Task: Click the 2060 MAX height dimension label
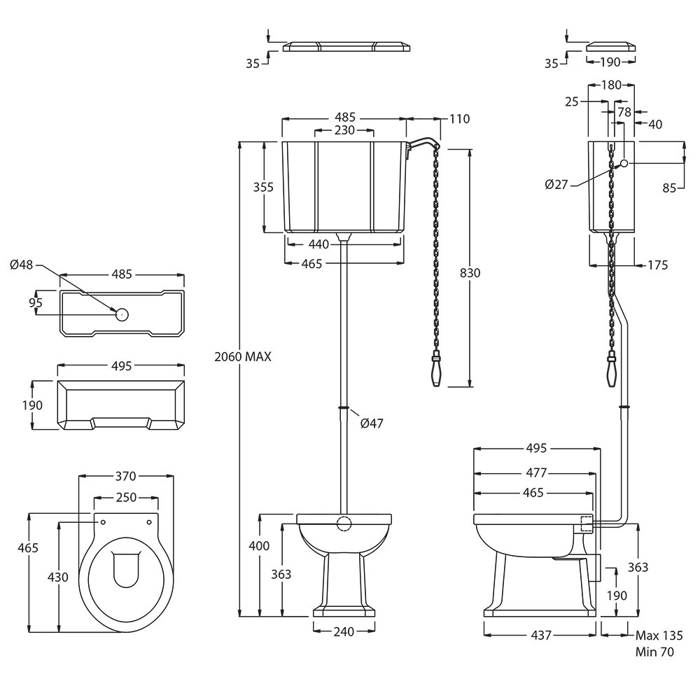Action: [242, 356]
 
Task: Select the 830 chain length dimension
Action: [470, 273]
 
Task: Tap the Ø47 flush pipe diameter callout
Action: [372, 422]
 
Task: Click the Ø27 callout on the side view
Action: [556, 184]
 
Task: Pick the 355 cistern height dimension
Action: [263, 187]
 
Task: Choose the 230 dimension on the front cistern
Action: [344, 130]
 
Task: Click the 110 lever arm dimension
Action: [460, 119]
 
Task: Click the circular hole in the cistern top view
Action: [121, 314]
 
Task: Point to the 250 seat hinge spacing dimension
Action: [125, 497]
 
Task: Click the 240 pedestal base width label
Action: [343, 631]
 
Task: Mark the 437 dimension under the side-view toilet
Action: [541, 636]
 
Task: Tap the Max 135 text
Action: [658, 636]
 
